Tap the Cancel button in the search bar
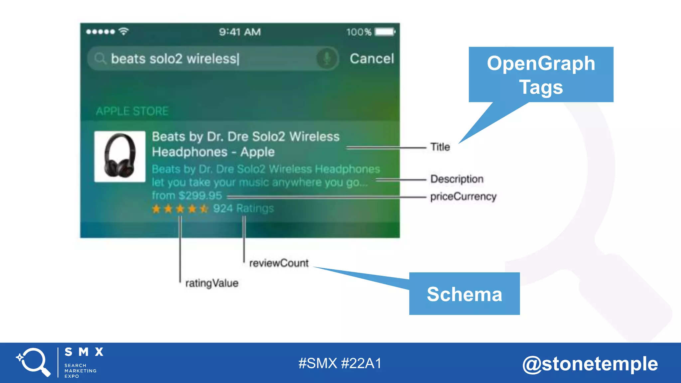371,59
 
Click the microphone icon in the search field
327,59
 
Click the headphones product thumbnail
120,157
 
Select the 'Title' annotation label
440,147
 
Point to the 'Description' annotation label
457,179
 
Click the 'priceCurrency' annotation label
463,196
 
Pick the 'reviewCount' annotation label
279,263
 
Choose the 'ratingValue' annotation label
212,283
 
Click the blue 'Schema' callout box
464,294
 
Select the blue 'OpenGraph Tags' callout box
541,74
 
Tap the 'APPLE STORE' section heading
132,111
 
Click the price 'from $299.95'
187,195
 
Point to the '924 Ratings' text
243,208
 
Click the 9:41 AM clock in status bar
240,32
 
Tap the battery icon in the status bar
385,32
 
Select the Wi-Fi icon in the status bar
124,31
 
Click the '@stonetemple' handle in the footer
590,364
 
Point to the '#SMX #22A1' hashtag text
340,363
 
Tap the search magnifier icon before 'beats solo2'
99,59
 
